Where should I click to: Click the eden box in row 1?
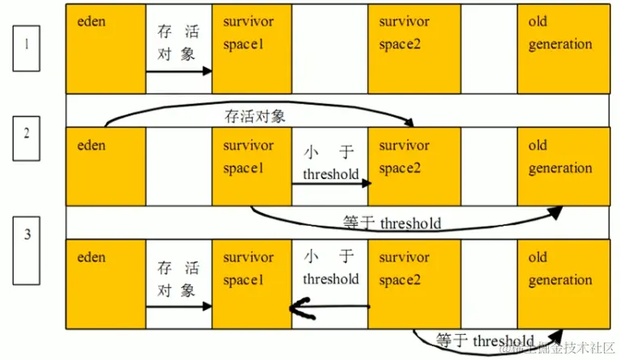click(x=106, y=48)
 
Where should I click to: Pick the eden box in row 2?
click(x=106, y=165)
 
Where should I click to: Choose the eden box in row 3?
click(x=106, y=283)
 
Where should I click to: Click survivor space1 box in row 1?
click(x=250, y=48)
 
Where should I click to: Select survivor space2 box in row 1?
click(x=408, y=48)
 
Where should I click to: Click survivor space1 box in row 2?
click(x=250, y=165)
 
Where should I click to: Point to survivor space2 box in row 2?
click(x=408, y=165)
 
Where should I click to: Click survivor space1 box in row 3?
click(x=250, y=283)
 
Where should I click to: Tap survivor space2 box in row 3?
click(x=408, y=283)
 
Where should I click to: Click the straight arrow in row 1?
click(x=178, y=71)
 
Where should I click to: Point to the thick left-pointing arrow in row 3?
click(x=329, y=307)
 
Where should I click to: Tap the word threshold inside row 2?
click(x=330, y=174)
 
